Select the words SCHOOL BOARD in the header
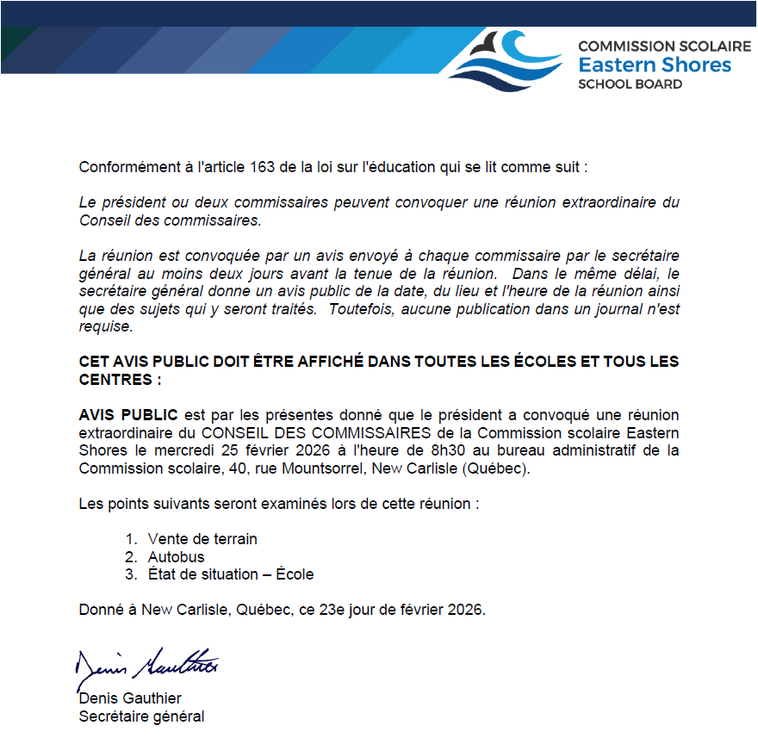tap(630, 84)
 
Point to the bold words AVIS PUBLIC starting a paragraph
tap(128, 415)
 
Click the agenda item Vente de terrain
tap(202, 539)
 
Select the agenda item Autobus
tap(176, 557)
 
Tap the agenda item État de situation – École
tap(231, 574)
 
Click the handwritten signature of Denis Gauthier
tap(146, 664)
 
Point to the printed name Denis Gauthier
tap(130, 698)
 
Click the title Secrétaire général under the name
tap(141, 716)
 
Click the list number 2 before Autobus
tap(130, 557)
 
